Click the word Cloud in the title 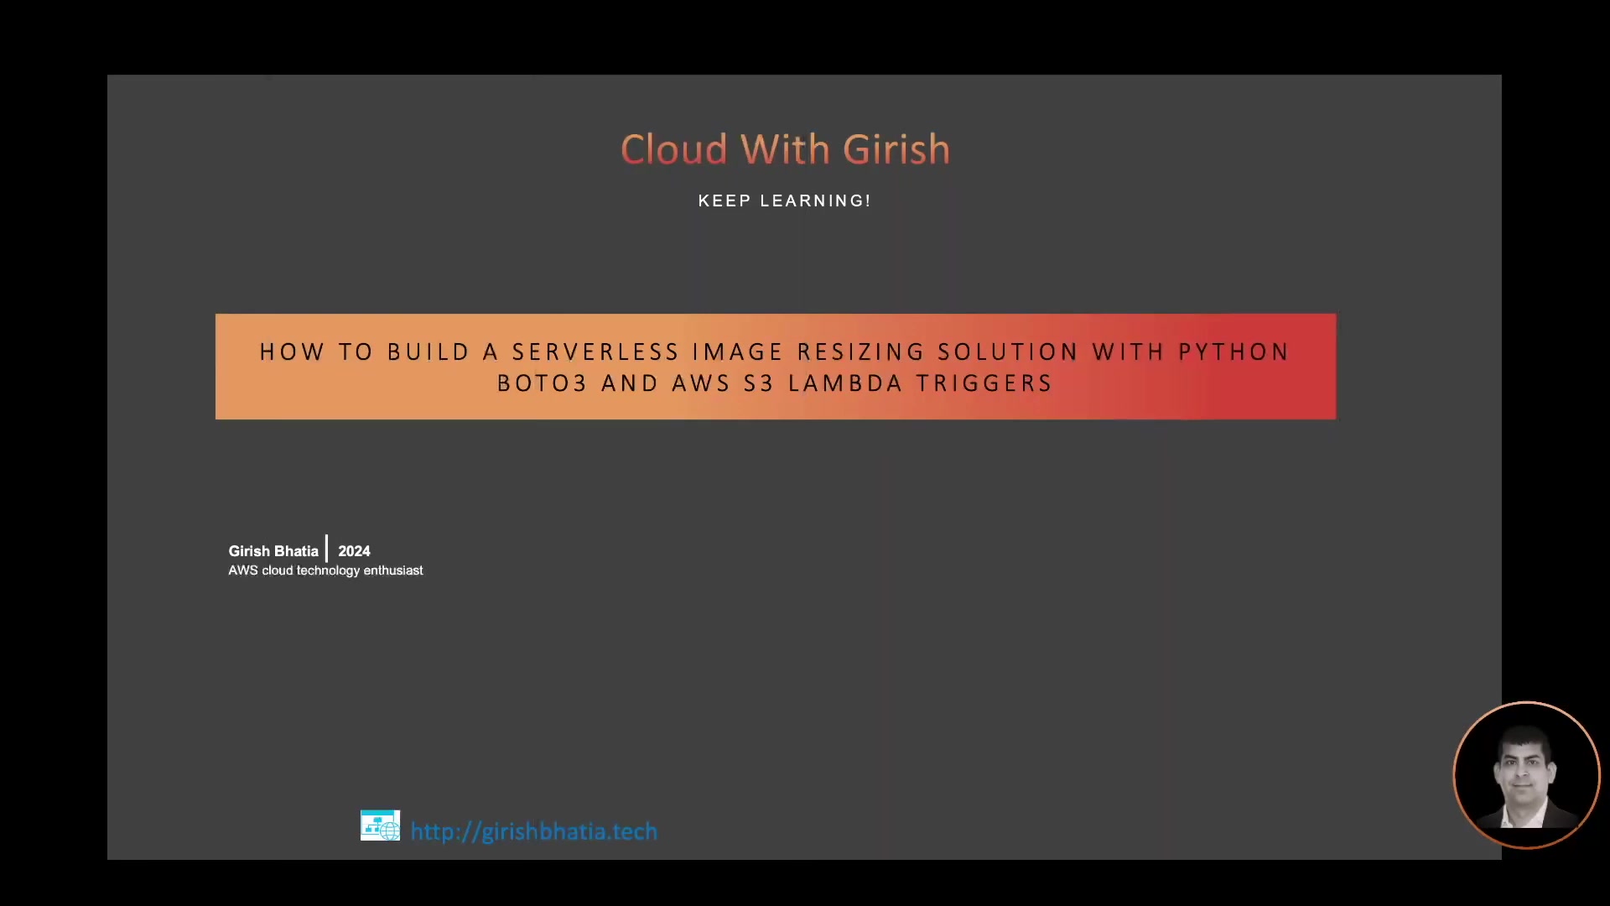[674, 149]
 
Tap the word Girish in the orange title [896, 149]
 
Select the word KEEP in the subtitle [724, 201]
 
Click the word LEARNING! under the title [815, 201]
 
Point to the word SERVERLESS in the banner [595, 352]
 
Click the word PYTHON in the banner [1233, 352]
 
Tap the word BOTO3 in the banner [542, 383]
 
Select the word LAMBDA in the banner [845, 383]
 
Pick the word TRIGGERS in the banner [984, 383]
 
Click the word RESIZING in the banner [861, 352]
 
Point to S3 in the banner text [759, 383]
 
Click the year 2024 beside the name [354, 551]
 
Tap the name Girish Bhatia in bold [273, 551]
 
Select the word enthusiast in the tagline [393, 570]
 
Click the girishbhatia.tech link [534, 831]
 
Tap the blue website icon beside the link [380, 825]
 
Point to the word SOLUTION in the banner [1008, 352]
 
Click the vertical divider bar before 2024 [327, 549]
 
